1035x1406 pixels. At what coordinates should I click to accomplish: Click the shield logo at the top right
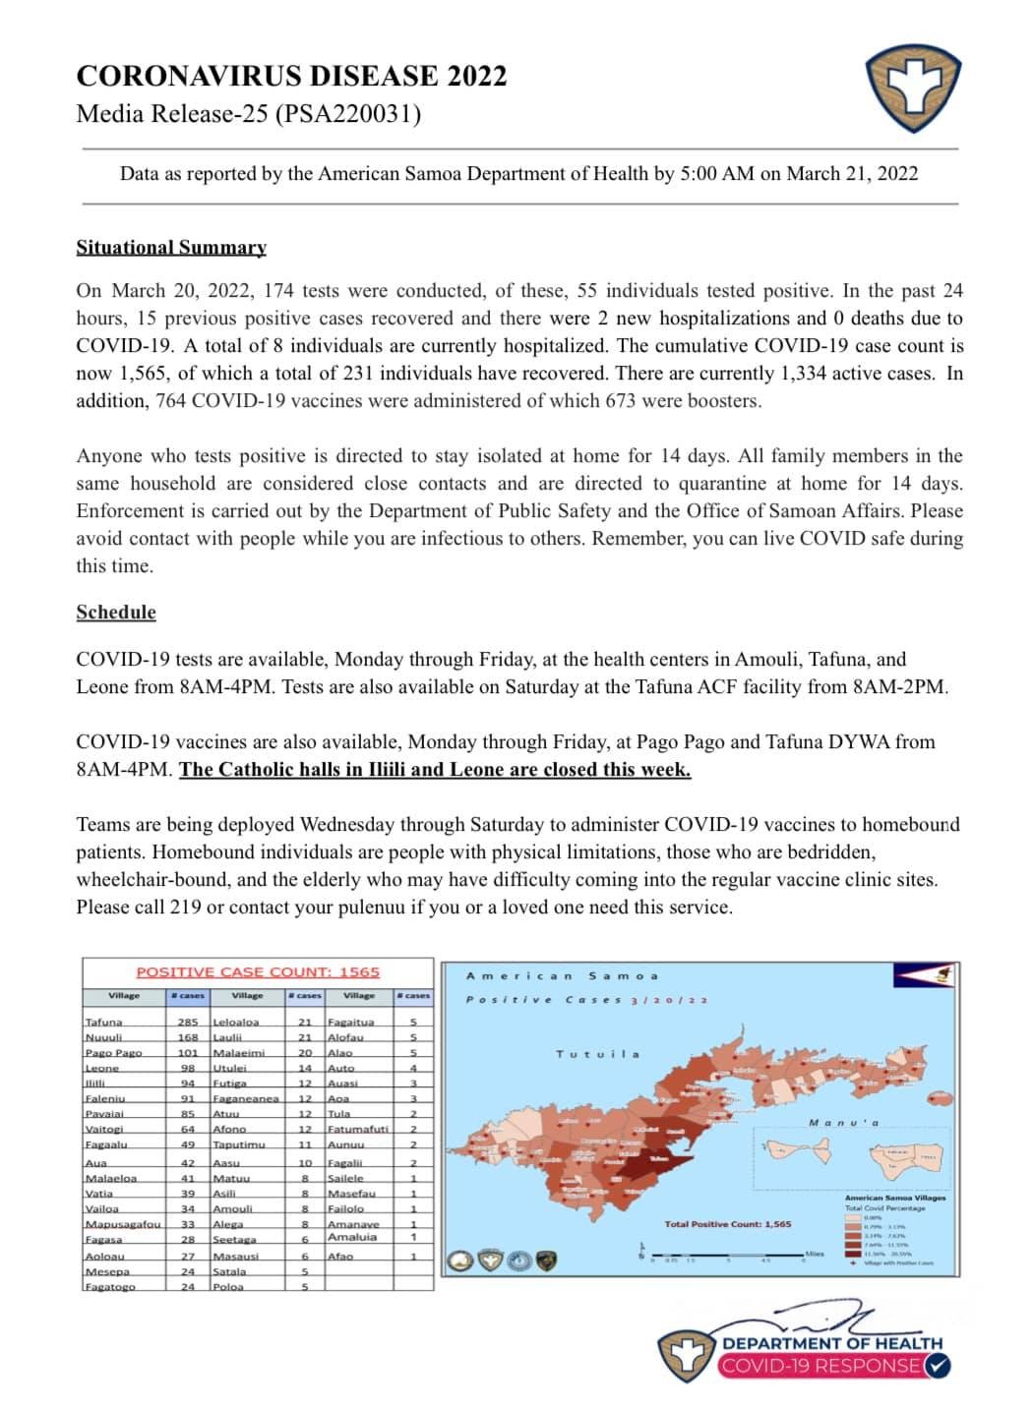point(912,92)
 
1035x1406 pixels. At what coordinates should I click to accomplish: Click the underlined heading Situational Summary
point(171,248)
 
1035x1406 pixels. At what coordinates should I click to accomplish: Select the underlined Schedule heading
point(116,613)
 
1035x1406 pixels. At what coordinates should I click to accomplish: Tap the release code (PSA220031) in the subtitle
point(348,114)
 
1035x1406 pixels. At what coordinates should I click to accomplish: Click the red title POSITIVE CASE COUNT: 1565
point(258,972)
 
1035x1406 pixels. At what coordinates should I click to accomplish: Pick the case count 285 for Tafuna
point(187,1023)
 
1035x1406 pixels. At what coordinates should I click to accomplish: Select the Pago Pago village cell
point(114,1053)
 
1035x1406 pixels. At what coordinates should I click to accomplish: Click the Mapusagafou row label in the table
point(122,1224)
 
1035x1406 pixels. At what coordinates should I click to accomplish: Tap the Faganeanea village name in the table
point(246,1098)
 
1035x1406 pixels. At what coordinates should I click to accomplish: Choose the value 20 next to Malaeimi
point(305,1053)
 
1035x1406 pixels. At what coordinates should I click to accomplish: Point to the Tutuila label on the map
point(597,1054)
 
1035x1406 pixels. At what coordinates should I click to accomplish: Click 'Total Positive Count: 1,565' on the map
point(727,1224)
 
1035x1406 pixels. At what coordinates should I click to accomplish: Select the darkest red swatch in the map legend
point(853,1254)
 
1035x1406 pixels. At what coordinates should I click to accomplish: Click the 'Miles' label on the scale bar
point(815,1254)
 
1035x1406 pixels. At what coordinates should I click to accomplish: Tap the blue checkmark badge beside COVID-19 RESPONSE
point(938,1366)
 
